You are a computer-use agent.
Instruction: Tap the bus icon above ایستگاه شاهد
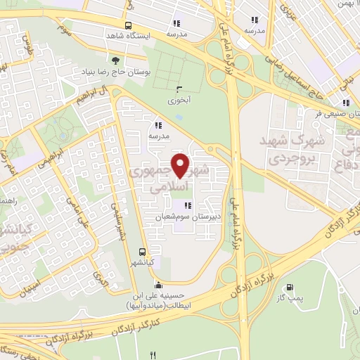click(128, 21)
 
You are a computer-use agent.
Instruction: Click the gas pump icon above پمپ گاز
click(289, 288)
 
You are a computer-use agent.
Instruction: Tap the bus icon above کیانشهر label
click(143, 252)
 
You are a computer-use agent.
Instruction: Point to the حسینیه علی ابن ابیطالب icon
click(158, 285)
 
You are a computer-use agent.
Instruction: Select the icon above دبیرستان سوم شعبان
click(187, 205)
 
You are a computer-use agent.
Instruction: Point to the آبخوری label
click(178, 100)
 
